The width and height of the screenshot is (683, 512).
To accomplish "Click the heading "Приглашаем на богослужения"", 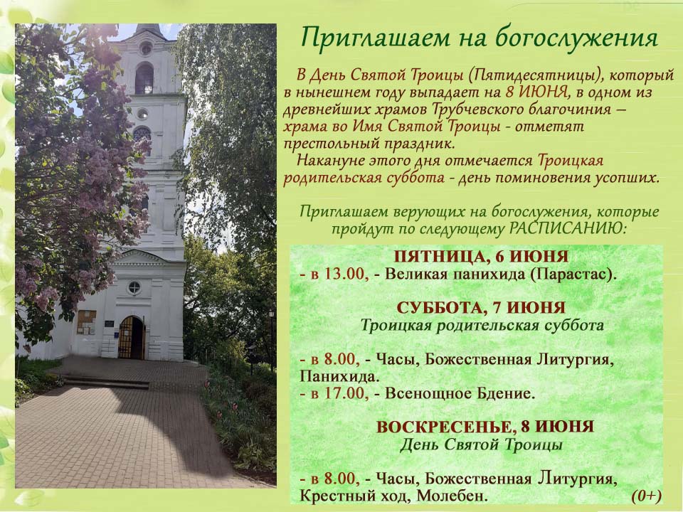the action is click(x=479, y=38).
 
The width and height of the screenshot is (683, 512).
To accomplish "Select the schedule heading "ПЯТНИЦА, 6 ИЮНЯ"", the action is click(x=482, y=257).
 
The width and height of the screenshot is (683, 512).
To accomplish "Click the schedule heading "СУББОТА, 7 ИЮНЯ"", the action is click(x=482, y=308).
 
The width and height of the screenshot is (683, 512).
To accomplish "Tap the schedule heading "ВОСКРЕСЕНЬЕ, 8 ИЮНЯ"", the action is click(x=485, y=427).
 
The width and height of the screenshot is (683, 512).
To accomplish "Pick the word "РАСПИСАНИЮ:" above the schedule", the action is click(x=568, y=228).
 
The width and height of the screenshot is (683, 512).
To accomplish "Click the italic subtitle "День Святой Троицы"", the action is click(x=481, y=445).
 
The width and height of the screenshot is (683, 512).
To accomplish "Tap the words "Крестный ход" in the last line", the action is click(x=354, y=496).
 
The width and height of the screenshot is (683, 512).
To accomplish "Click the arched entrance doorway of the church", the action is click(x=132, y=337).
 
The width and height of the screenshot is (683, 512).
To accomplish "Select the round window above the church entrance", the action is click(x=134, y=287).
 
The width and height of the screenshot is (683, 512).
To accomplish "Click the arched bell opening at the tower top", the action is click(x=144, y=78).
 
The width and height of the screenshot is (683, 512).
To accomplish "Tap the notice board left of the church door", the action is click(x=86, y=322).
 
